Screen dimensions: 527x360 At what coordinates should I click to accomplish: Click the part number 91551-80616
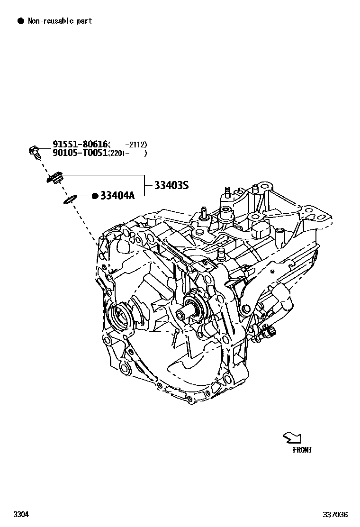pos(80,144)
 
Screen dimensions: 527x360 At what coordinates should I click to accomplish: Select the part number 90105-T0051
pos(80,153)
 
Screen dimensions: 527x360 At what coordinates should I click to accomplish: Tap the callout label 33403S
pos(171,185)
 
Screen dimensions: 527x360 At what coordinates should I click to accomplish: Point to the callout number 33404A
pos(117,195)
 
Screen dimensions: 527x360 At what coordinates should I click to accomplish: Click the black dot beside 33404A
pos(95,195)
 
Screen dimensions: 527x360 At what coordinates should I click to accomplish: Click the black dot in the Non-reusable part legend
pos(20,21)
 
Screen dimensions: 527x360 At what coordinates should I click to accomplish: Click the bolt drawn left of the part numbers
pos(34,151)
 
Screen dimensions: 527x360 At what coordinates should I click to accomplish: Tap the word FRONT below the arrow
pos(302,450)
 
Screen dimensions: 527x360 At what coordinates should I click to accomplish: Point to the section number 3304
pos(20,515)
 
